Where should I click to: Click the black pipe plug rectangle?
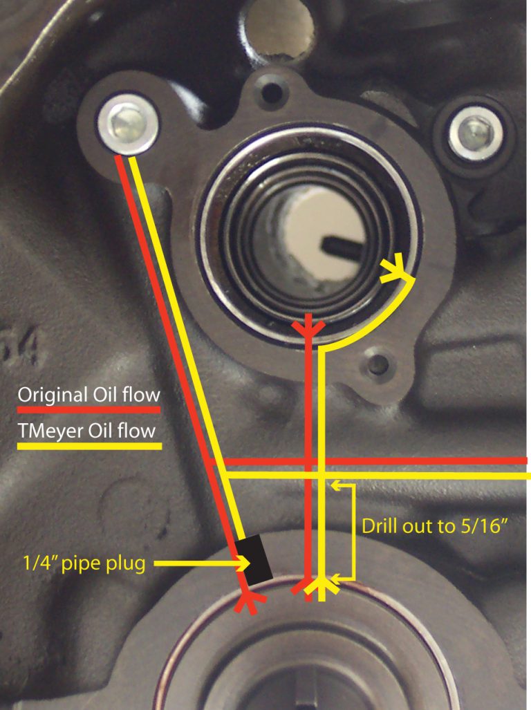254,559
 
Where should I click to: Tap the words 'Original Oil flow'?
88,395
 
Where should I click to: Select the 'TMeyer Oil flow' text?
86,431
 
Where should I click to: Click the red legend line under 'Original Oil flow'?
88,410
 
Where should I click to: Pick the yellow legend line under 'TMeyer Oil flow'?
89,446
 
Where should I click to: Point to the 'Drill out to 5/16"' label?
434,526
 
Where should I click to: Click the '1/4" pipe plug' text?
84,564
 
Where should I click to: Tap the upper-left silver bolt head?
128,124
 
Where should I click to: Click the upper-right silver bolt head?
475,133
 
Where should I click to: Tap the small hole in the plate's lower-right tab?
377,364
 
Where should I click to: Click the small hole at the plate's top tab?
272,93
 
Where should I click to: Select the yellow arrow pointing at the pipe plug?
202,563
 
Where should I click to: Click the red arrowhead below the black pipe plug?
250,603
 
